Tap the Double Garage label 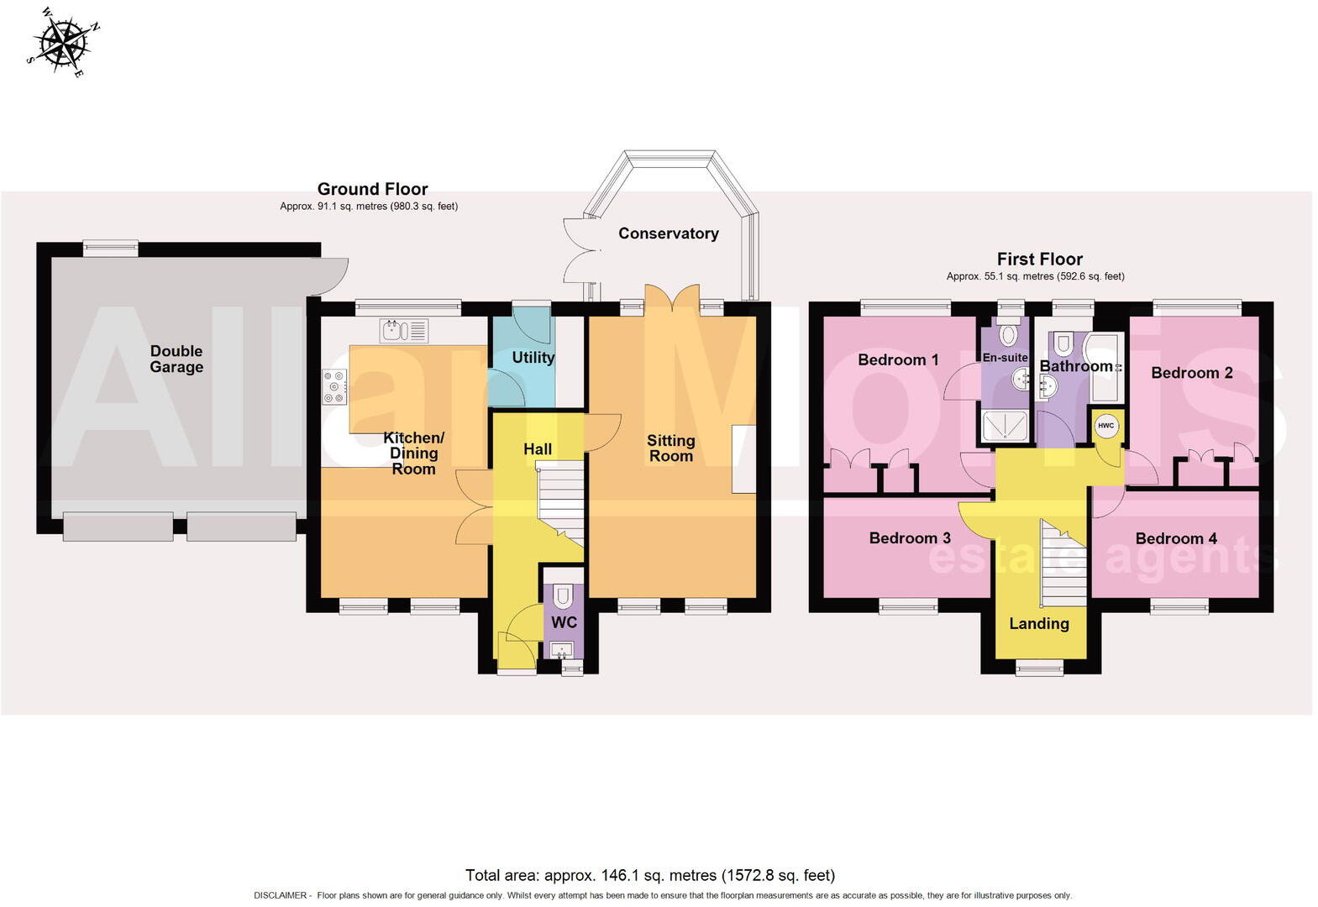[x=176, y=359]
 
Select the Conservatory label [x=668, y=233]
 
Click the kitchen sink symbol [x=403, y=330]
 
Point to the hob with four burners [x=334, y=387]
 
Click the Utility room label [x=533, y=357]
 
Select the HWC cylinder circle [x=1105, y=426]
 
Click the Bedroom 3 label [x=909, y=537]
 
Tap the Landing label [x=1039, y=623]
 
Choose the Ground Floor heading [x=372, y=189]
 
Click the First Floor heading [x=1039, y=259]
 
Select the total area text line [x=649, y=875]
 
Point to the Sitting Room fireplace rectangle [x=743, y=459]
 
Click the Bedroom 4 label [x=1175, y=538]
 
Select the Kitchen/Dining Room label [x=413, y=453]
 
